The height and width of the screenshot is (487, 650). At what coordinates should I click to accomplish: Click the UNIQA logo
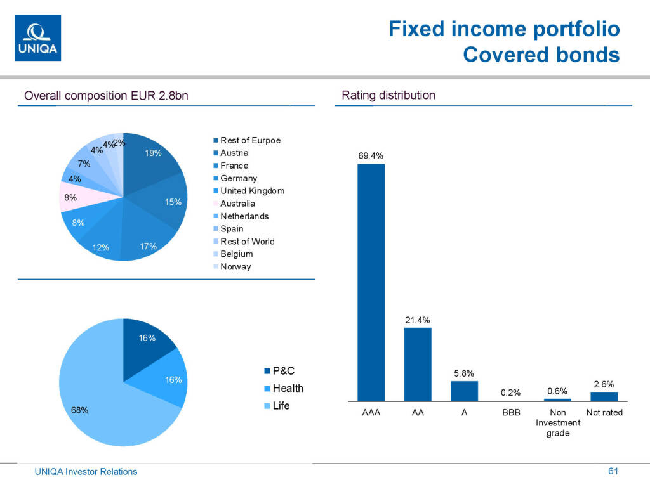37,38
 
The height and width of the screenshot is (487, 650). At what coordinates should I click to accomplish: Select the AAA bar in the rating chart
371,282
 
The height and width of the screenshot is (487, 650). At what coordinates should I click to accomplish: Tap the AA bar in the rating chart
418,364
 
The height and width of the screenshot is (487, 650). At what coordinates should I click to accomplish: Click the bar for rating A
464,391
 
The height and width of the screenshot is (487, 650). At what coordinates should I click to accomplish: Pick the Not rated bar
604,396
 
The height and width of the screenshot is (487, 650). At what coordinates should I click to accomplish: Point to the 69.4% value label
371,155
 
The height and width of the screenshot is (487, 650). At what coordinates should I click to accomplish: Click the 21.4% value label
418,320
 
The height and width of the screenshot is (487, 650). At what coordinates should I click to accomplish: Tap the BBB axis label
511,413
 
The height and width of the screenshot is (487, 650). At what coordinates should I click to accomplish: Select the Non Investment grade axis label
558,423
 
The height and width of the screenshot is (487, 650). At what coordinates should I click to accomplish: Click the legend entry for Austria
234,153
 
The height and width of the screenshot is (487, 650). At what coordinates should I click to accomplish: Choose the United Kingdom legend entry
252,191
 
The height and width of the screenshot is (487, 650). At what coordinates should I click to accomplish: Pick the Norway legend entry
235,267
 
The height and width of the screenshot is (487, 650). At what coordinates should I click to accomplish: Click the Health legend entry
288,388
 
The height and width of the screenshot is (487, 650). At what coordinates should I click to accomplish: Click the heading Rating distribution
388,96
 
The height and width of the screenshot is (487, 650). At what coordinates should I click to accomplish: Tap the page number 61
613,471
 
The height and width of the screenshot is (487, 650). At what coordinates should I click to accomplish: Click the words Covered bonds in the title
541,55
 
